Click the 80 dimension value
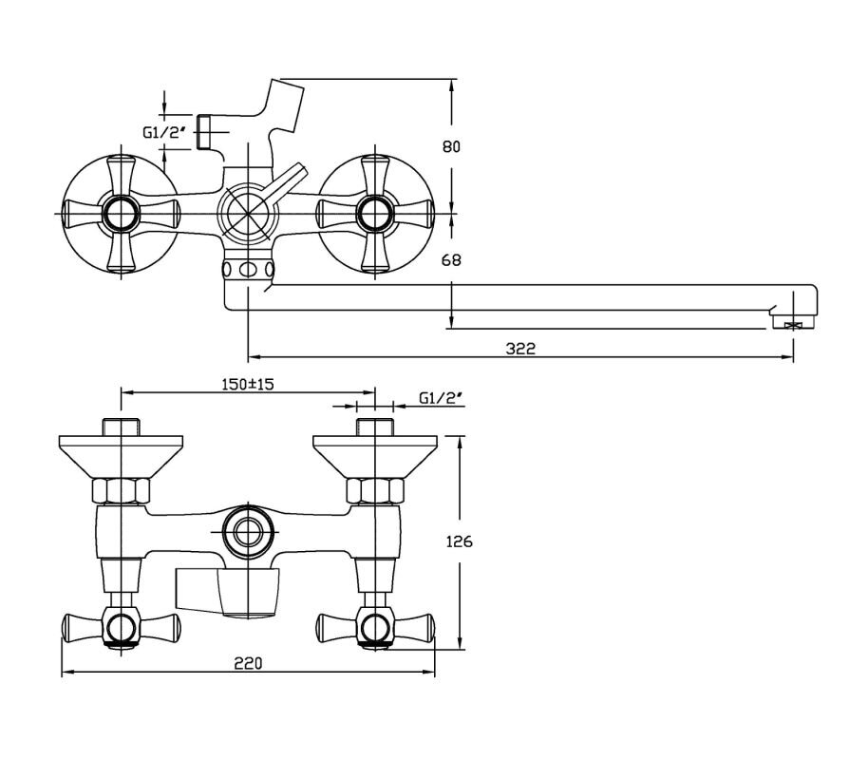point(451,147)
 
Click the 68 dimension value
point(451,259)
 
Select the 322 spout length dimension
point(521,349)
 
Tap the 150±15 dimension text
point(248,384)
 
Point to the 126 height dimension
point(460,541)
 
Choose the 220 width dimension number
point(248,662)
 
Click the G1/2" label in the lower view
point(441,398)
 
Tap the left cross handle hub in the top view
point(121,214)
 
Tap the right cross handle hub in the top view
point(375,214)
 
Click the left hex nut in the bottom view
point(121,491)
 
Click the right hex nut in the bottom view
point(375,491)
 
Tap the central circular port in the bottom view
point(248,532)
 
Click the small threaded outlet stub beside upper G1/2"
point(204,131)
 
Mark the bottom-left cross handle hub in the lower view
point(121,628)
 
